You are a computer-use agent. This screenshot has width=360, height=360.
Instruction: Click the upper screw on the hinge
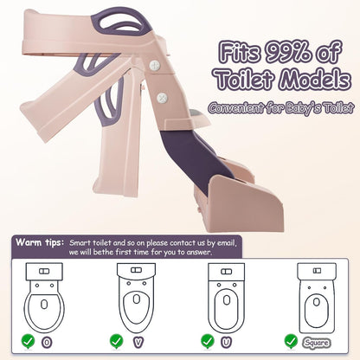tap(155, 65)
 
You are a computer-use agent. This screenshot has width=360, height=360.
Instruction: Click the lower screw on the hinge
tap(162, 98)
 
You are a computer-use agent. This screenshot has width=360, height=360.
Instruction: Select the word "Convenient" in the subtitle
tap(235, 108)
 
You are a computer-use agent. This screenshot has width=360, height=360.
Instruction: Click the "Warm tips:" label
tap(40, 242)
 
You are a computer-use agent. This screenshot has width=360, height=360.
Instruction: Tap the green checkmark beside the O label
tap(28, 342)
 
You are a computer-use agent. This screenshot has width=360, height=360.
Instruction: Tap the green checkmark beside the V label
tap(117, 342)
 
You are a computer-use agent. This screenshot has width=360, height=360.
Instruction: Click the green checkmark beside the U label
tap(208, 342)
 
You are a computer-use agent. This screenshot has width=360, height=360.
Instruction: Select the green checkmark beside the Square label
tap(291, 342)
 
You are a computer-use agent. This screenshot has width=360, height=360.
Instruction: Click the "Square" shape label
tap(317, 343)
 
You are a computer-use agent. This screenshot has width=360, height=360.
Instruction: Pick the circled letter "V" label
tap(138, 343)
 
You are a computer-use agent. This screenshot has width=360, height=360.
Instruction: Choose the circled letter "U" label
tap(227, 343)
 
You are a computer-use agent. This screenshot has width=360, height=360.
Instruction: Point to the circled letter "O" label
tap(47, 343)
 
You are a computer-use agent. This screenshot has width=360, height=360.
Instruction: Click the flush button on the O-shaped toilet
tap(44, 271)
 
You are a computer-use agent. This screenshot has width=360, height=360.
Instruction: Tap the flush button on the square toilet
tap(317, 271)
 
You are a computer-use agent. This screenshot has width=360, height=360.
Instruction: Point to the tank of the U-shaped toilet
tap(227, 272)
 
